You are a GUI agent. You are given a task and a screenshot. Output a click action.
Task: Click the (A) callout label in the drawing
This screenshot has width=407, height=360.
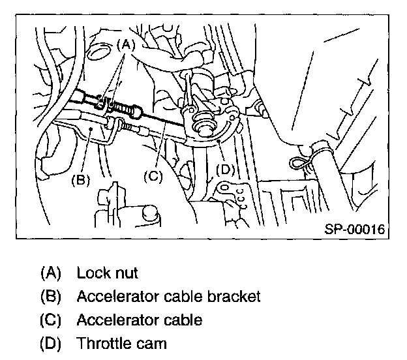tap(126, 45)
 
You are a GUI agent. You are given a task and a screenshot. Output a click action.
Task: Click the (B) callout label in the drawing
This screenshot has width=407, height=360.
tap(81, 179)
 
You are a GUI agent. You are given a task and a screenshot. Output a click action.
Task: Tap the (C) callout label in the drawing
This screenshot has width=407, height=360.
tap(153, 176)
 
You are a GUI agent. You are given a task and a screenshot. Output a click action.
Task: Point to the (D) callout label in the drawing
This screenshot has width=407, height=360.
tap(225, 170)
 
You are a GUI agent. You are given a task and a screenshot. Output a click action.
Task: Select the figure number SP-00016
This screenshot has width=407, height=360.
tap(355, 229)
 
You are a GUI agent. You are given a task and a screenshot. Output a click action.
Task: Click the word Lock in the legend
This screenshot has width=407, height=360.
tap(93, 273)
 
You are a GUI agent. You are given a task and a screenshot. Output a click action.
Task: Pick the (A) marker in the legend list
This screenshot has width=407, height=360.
tap(51, 273)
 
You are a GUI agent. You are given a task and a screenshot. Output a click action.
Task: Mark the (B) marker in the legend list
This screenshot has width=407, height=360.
tap(51, 296)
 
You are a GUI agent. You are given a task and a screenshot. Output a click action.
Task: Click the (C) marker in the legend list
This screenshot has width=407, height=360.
tap(51, 320)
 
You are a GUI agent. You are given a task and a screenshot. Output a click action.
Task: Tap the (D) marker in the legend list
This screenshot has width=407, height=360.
tap(51, 343)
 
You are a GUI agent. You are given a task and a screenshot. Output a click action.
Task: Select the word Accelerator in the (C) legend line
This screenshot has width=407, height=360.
tap(117, 320)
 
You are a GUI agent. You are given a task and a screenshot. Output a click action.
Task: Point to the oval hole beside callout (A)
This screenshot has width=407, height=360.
tap(98, 53)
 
